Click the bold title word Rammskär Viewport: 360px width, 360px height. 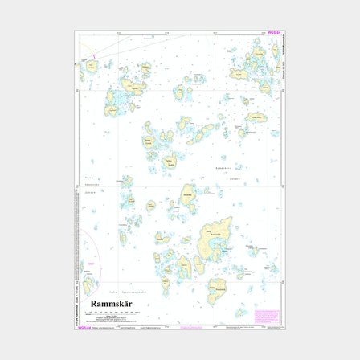tap(110, 303)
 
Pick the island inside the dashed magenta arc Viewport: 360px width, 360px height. tap(88, 282)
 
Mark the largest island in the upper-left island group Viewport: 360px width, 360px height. tap(114, 100)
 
